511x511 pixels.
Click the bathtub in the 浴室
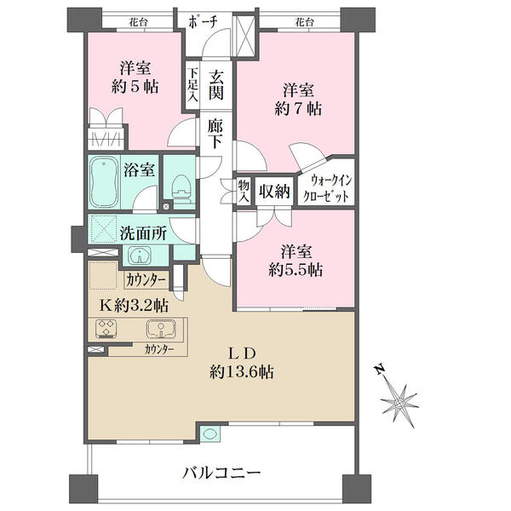104,182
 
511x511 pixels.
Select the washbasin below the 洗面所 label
140,255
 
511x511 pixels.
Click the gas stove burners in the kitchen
106,329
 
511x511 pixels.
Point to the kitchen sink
161,329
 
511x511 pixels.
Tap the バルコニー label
221,472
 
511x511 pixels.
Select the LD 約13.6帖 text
241,363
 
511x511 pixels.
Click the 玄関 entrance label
215,85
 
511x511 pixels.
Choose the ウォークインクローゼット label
326,188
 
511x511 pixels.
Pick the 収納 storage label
274,191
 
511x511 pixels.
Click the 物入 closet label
244,191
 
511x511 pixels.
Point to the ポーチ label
203,21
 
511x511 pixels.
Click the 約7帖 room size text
298,109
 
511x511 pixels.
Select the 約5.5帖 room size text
296,270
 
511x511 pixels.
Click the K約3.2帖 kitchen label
134,306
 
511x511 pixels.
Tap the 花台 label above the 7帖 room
304,22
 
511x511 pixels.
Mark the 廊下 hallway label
215,134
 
